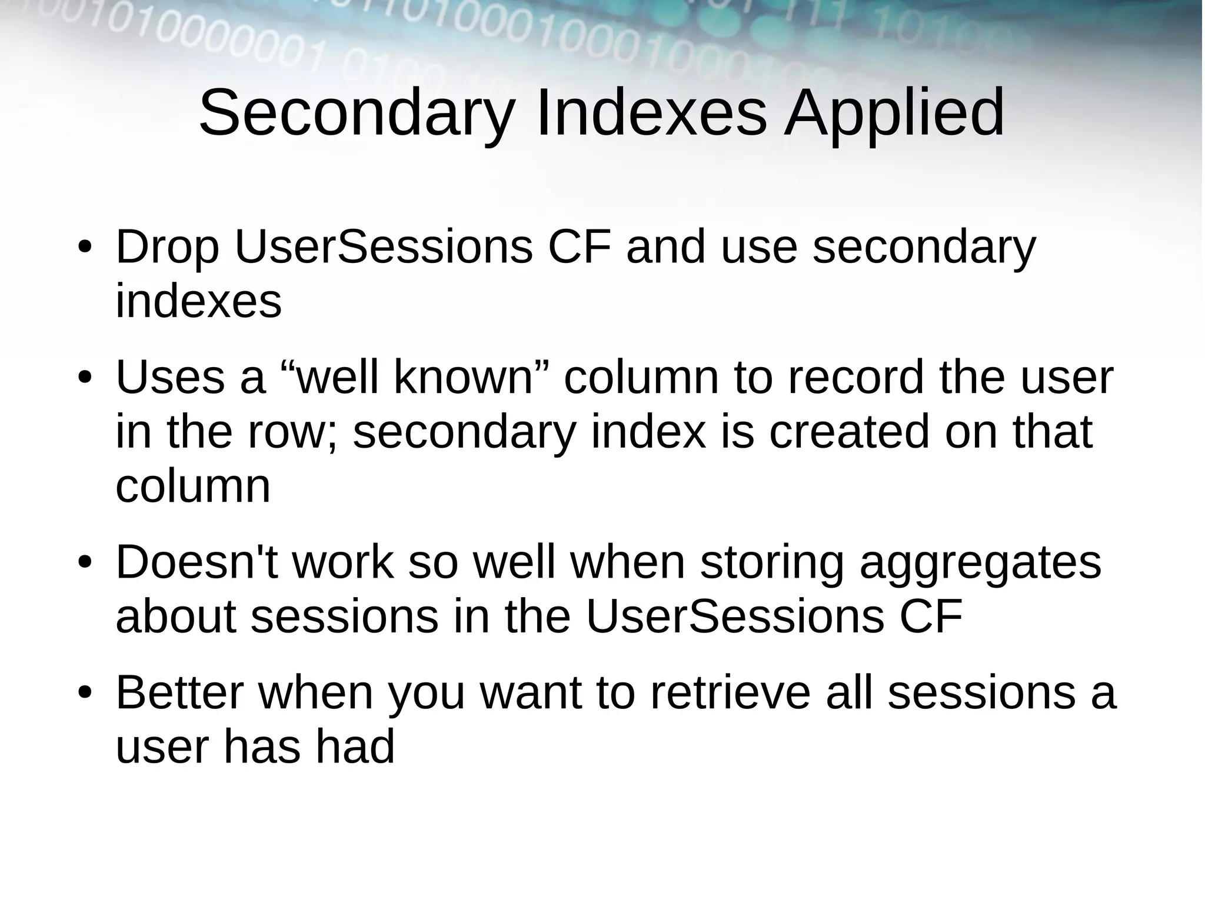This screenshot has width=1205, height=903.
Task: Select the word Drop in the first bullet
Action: click(x=167, y=247)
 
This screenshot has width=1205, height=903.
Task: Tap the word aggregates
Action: click(x=980, y=564)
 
